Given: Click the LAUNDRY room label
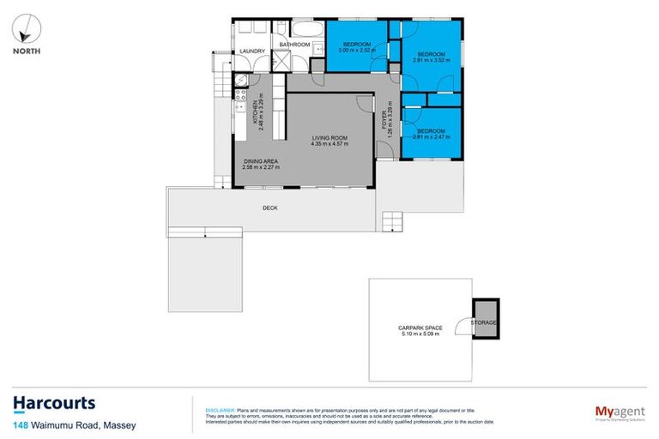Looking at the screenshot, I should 253,51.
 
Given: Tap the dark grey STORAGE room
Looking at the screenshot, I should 487,322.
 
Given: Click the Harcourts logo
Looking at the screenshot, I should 53,404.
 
